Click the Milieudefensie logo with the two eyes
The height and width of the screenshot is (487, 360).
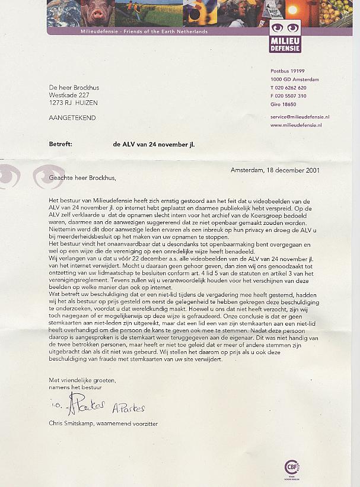point(285,36)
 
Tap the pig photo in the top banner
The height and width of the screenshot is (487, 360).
point(97,12)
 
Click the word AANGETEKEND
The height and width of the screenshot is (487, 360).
point(72,117)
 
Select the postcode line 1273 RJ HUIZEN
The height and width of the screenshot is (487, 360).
point(74,102)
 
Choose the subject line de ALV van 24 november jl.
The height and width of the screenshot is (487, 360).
point(154,144)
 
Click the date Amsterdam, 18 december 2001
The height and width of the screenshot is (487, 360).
point(275,170)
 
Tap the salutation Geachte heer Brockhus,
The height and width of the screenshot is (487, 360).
point(84,177)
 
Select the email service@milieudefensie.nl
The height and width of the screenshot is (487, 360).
point(300,117)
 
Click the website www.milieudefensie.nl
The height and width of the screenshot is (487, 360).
point(296,125)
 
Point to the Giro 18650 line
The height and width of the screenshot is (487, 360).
point(283,104)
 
